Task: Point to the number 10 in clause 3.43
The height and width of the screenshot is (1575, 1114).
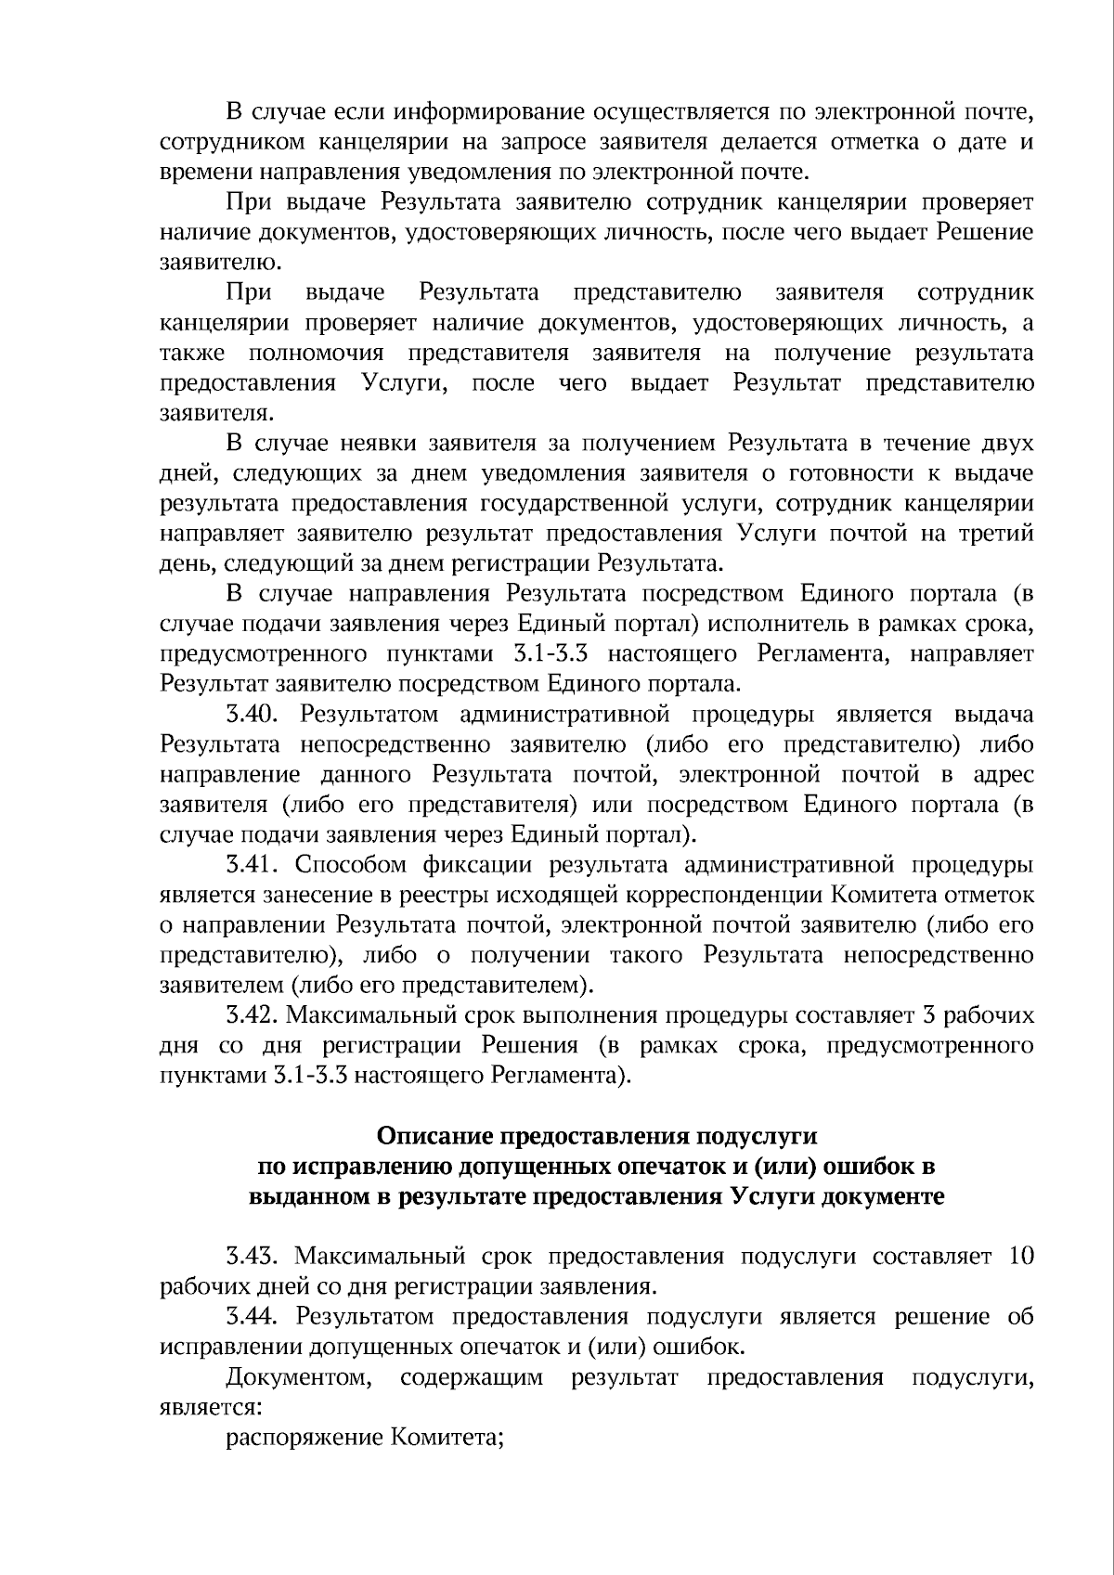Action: [1019, 1258]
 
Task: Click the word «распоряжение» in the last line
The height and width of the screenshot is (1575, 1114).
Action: [299, 1438]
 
